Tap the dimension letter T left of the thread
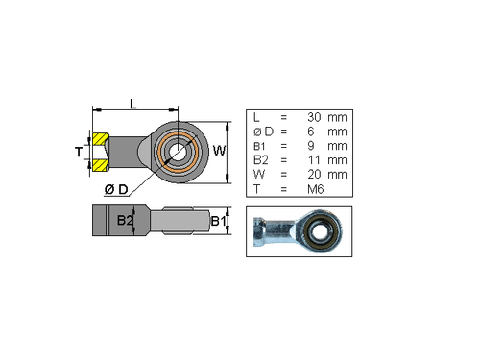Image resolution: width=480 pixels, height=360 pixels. click(x=81, y=152)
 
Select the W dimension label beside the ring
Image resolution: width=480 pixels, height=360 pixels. click(x=219, y=151)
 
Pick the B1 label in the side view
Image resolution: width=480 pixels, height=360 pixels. click(x=218, y=222)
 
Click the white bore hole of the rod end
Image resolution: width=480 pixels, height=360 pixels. click(x=179, y=150)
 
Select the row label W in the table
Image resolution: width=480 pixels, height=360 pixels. click(x=257, y=175)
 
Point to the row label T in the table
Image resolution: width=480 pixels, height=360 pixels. click(x=256, y=189)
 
